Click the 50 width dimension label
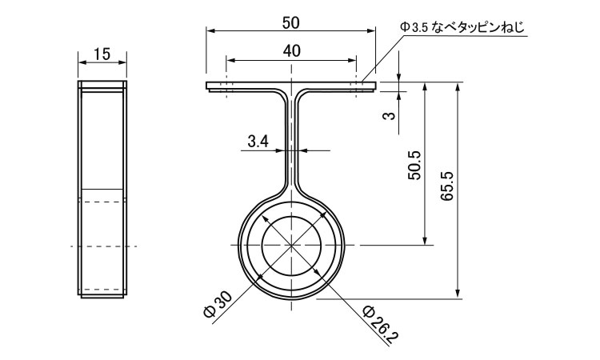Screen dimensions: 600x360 click(291, 23)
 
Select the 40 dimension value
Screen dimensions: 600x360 click(291, 51)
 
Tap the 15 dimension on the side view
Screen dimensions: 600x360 click(102, 54)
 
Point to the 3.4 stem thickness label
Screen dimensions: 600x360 click(258, 142)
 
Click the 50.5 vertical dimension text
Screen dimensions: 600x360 click(414, 165)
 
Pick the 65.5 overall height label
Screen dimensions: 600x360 click(446, 186)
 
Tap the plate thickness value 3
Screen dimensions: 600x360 click(389, 115)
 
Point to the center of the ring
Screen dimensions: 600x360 click(291, 245)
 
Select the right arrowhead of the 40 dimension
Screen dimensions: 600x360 click(353, 60)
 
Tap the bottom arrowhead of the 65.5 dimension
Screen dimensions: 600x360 click(458, 294)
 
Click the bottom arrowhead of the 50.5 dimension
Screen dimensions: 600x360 click(424, 240)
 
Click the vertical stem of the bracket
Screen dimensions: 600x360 click(291, 142)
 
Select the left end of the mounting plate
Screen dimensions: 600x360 click(206, 86)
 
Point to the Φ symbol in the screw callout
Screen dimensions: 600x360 click(404, 27)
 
